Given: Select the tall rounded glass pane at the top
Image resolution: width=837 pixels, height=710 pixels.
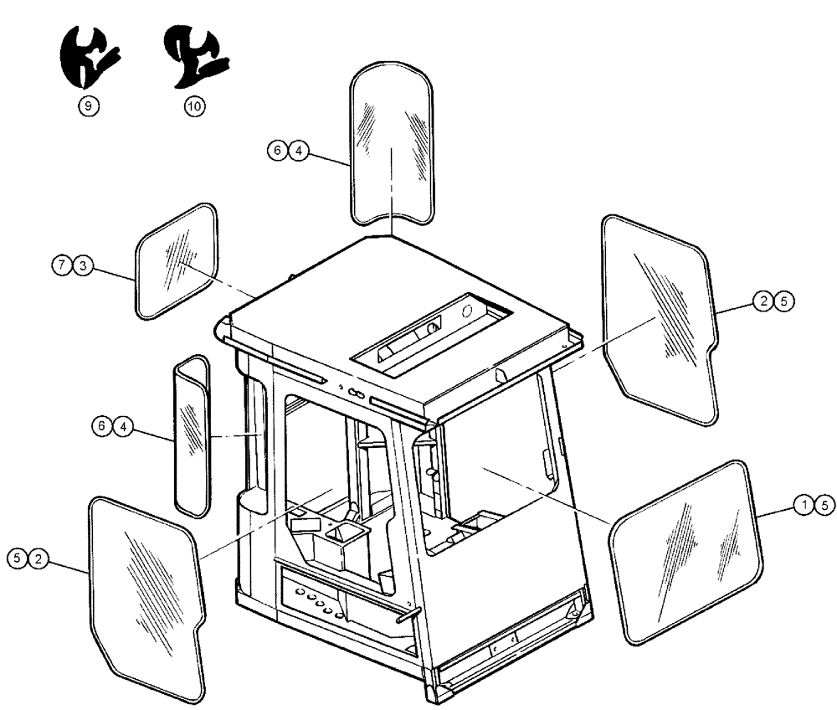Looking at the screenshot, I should [393, 142].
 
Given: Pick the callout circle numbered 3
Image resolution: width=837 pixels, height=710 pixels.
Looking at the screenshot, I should [83, 265].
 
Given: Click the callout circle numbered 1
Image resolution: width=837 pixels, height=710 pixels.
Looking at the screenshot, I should [803, 504].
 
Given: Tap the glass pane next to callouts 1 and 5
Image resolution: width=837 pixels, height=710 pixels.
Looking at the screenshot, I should [686, 553].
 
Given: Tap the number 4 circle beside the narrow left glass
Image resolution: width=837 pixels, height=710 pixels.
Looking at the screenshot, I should [123, 426].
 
